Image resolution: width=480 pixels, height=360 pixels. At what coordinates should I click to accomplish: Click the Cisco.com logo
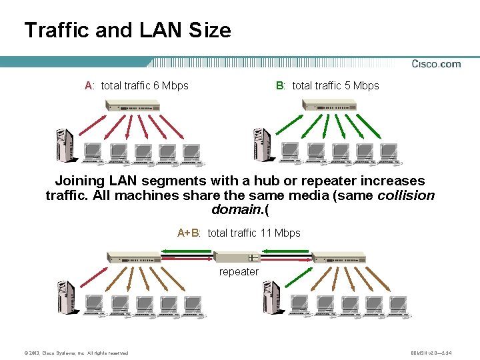436,64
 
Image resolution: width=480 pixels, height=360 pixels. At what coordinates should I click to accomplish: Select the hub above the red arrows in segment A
132,105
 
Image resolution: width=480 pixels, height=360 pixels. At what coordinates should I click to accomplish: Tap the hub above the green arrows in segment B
329,105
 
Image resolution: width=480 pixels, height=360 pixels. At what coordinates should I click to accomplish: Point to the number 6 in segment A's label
156,85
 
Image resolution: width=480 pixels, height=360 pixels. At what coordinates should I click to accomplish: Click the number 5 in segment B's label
347,85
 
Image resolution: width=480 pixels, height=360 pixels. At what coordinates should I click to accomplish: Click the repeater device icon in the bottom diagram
237,257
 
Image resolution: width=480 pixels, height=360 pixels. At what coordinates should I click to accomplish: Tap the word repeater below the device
239,272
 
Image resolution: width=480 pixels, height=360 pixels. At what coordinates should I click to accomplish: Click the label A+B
189,233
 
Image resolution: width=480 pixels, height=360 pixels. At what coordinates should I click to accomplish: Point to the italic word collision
406,195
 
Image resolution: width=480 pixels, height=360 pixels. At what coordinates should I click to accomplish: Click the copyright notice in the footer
73,353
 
